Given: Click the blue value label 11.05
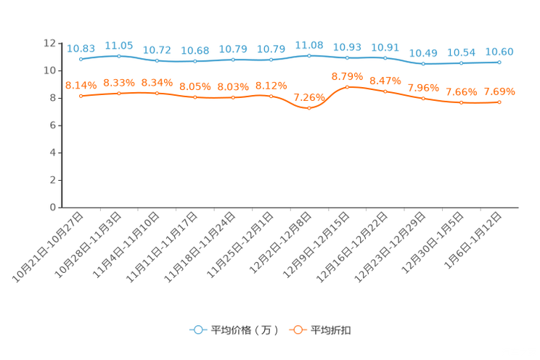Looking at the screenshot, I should click(x=118, y=45).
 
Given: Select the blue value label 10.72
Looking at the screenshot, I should click(x=157, y=50).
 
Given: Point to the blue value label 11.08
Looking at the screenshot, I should click(x=309, y=45).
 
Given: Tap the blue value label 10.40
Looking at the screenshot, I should click(x=423, y=53).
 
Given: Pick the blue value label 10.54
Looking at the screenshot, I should click(x=461, y=52).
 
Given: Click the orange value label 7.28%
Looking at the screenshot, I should click(x=308, y=97).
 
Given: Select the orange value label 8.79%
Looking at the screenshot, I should click(x=347, y=75).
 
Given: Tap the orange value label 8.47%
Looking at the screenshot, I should click(x=385, y=81).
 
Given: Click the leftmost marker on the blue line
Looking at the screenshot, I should click(x=81, y=59).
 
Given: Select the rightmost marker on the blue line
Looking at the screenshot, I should click(x=499, y=62).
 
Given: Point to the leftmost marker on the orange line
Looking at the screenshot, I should click(x=81, y=96).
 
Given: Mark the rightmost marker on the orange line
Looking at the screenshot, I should click(x=499, y=103).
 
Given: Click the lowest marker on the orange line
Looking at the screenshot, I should click(x=309, y=109).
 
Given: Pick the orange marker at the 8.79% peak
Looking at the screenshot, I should click(x=347, y=86).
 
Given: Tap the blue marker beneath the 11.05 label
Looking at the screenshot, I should click(x=118, y=56).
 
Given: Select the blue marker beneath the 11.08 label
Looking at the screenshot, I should click(x=309, y=56).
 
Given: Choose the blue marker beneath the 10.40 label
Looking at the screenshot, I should click(x=423, y=64).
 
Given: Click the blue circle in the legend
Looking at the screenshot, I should click(x=197, y=330).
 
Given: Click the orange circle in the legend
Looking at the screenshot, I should click(x=297, y=330).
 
